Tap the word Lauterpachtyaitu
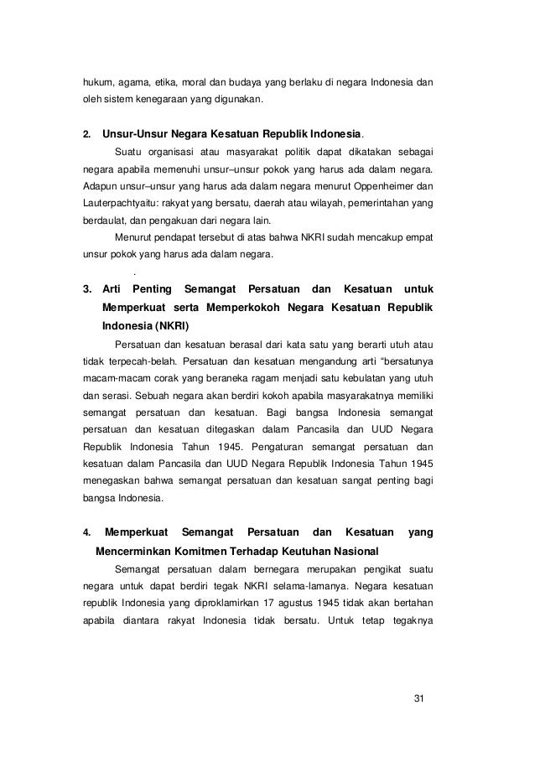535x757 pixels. coord(116,202)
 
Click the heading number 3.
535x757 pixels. coord(86,289)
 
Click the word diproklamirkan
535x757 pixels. coord(248,603)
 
